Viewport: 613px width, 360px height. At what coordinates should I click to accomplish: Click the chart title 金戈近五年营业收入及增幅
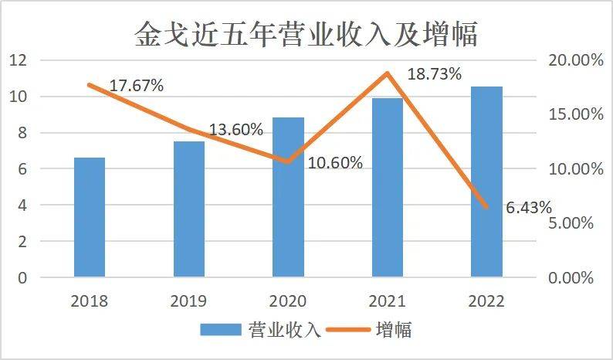(306, 33)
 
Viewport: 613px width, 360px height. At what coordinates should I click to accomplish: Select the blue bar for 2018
(90, 217)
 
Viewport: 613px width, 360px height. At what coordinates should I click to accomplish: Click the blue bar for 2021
(388, 187)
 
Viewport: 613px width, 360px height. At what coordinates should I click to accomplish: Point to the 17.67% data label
(136, 86)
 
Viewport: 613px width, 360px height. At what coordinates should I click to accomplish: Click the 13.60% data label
(235, 129)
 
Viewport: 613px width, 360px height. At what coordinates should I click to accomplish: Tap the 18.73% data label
(434, 74)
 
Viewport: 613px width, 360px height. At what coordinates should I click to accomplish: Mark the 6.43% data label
(529, 207)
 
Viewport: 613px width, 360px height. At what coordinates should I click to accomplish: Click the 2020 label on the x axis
(288, 301)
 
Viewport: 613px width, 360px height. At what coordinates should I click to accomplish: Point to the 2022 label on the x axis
(486, 301)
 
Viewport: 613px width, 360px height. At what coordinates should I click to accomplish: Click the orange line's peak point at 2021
(388, 73)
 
